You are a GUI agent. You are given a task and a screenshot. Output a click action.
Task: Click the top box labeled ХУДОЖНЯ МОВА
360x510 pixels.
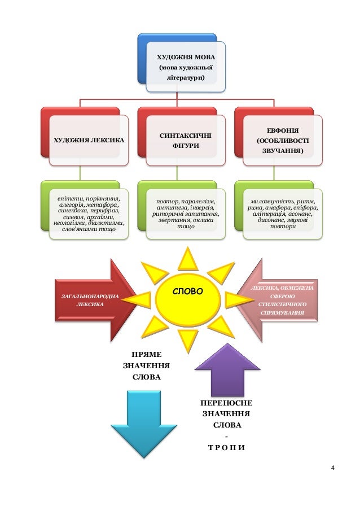186,66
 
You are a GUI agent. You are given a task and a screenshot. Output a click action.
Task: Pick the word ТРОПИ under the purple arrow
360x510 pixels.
226,448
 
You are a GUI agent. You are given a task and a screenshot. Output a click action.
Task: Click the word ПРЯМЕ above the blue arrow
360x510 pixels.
146,355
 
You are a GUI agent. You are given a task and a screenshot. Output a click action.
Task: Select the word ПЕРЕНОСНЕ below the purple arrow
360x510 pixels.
227,403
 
